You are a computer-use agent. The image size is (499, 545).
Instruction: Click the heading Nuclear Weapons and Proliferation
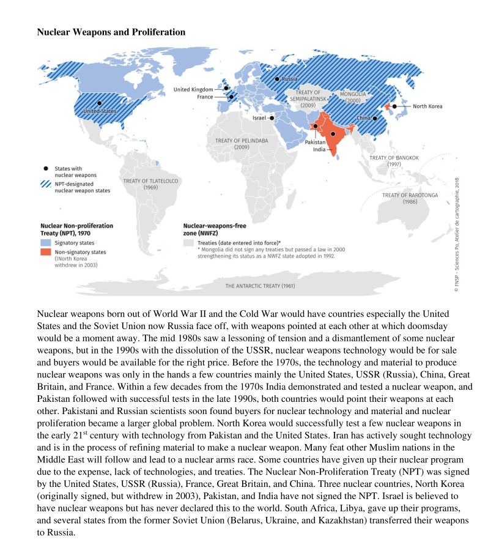click(111, 31)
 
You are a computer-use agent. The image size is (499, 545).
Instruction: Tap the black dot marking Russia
click(276, 79)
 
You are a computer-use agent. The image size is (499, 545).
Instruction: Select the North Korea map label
click(427, 106)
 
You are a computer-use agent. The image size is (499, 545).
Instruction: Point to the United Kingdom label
click(193, 89)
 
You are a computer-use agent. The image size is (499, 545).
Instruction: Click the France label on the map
click(205, 97)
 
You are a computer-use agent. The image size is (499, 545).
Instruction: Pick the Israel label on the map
click(259, 117)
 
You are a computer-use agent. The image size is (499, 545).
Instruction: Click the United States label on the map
click(100, 111)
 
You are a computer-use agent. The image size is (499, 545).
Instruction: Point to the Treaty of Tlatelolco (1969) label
click(150, 184)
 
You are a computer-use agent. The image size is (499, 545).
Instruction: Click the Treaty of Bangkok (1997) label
click(394, 161)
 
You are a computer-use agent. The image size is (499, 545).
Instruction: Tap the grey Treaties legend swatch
click(189, 243)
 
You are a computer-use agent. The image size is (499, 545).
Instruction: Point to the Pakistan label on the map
click(315, 142)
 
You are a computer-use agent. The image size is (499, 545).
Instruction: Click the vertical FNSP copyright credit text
click(456, 235)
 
